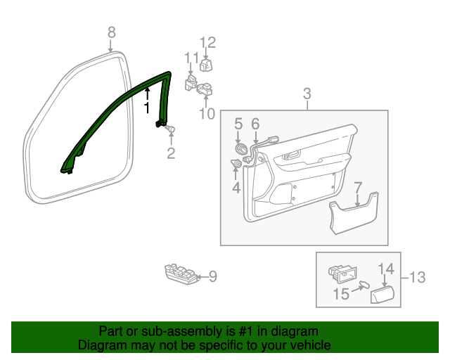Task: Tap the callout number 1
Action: tap(147, 108)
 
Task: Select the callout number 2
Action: tap(171, 153)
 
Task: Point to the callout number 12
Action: tap(207, 42)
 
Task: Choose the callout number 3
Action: tap(307, 94)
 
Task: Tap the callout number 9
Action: tap(213, 277)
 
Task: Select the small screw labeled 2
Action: tap(170, 129)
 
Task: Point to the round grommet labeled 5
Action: tap(240, 150)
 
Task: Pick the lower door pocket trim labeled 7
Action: tap(353, 214)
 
